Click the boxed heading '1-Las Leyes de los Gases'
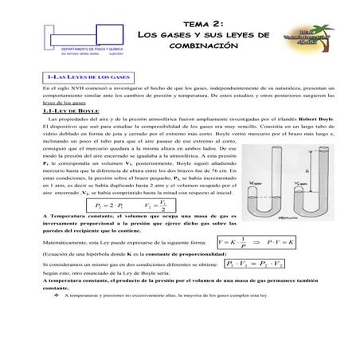point(86,75)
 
